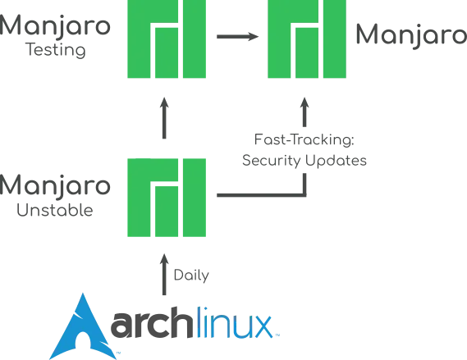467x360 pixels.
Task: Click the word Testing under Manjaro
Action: [x=56, y=50]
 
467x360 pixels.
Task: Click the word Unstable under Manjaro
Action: [x=55, y=210]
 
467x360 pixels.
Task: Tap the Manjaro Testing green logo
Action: [x=167, y=39]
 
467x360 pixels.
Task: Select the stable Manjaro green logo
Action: [x=307, y=39]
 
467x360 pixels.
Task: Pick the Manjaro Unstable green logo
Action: [x=167, y=198]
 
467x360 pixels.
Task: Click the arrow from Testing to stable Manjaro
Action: [x=237, y=37]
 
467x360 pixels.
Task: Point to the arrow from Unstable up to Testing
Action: [x=164, y=118]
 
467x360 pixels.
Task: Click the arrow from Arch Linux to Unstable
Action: [x=164, y=275]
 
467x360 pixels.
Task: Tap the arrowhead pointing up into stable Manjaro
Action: [x=304, y=104]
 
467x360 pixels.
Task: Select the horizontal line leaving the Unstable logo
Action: [x=261, y=195]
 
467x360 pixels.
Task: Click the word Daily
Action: [x=191, y=276]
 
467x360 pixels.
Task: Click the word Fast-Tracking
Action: [x=304, y=139]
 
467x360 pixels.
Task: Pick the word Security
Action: [x=272, y=161]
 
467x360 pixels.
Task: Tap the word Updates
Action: [x=336, y=161]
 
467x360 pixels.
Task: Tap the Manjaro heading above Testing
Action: [x=55, y=26]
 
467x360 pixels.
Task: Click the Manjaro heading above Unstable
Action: [x=55, y=185]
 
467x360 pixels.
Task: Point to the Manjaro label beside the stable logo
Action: [x=411, y=35]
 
